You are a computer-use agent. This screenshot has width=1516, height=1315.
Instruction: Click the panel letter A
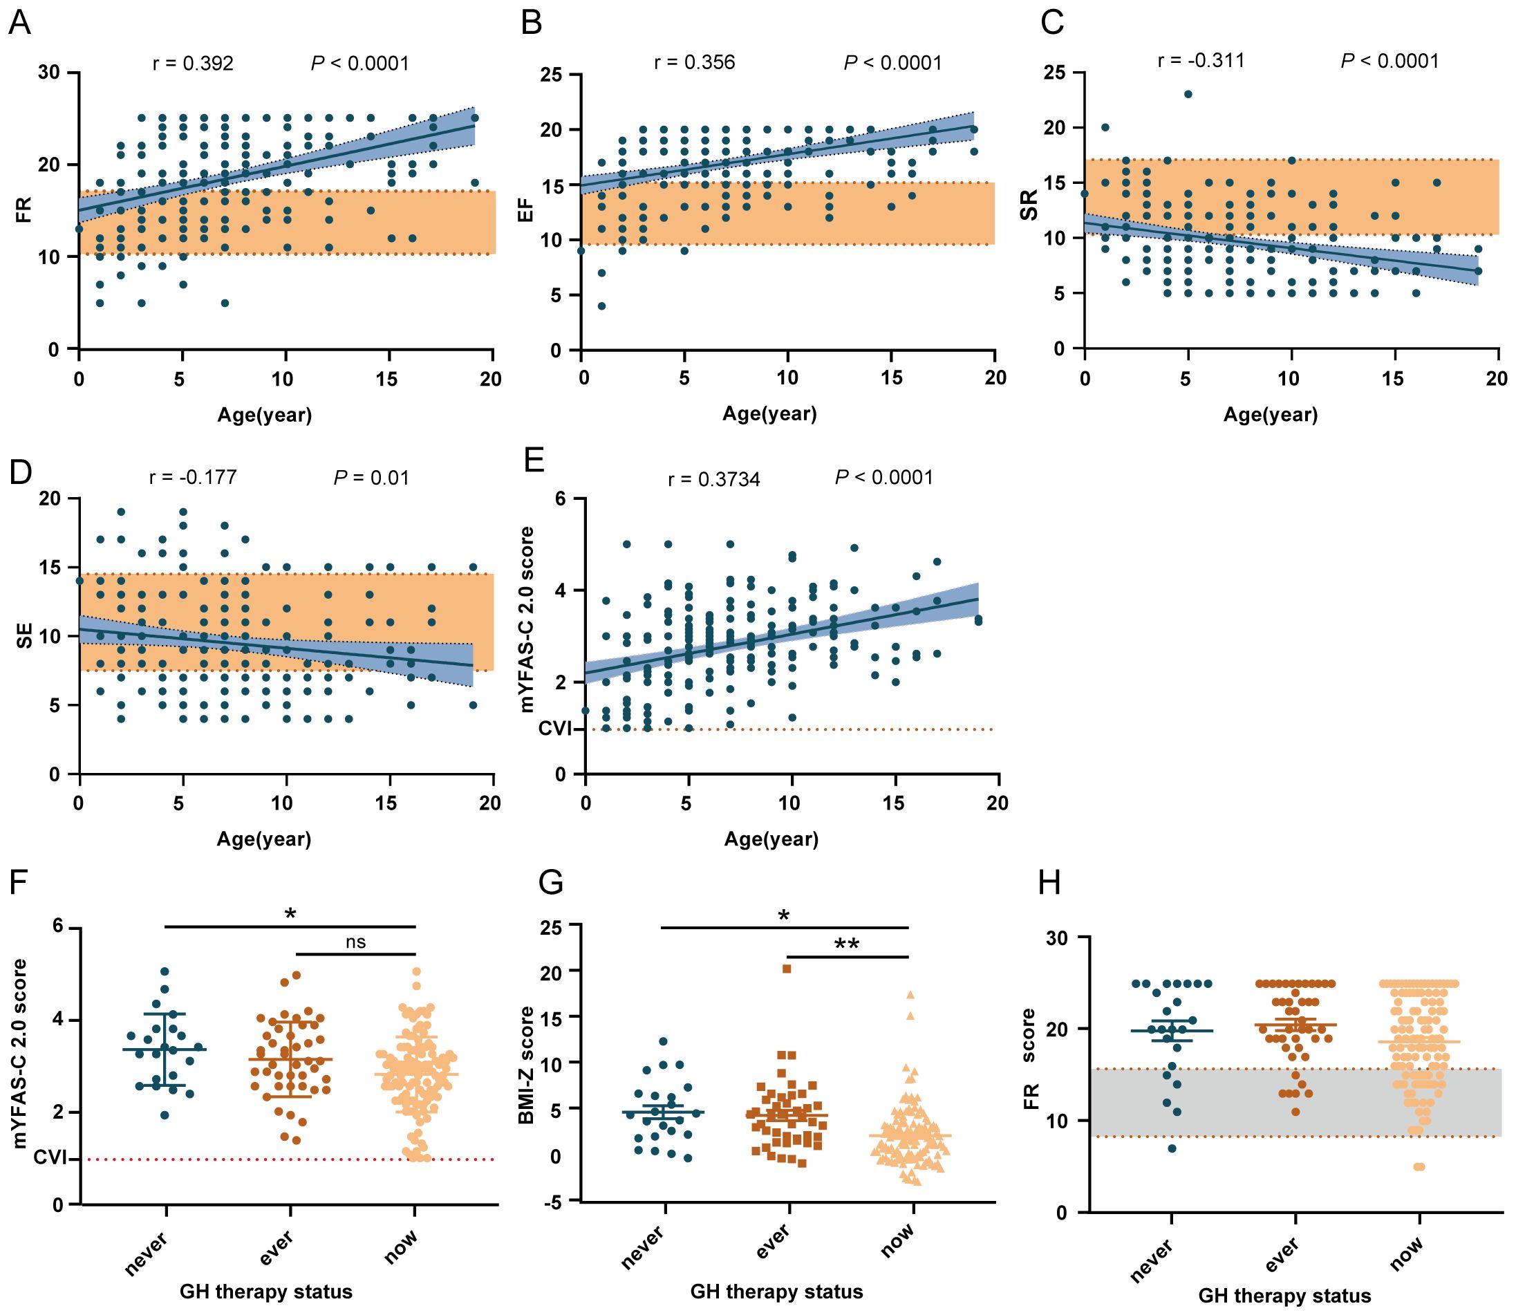pos(20,24)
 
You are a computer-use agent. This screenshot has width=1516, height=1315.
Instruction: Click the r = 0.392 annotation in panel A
pos(193,64)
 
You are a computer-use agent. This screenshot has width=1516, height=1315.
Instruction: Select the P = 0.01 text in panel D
pos(371,478)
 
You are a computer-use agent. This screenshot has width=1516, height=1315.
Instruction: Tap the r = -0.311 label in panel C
pos(1201,61)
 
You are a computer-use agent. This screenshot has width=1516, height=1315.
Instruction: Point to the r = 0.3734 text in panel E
pos(714,481)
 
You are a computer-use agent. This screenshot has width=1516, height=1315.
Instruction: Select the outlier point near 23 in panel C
pos(1188,94)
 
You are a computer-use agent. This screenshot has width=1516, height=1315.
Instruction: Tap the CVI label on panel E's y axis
pos(556,729)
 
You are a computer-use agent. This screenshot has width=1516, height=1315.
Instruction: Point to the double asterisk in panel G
pos(847,944)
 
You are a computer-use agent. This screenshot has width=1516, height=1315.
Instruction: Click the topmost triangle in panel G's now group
pos(910,995)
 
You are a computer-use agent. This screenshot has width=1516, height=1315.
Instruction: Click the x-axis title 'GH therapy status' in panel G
pos(776,1291)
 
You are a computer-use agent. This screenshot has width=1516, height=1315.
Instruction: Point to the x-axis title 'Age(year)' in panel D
pos(263,839)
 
